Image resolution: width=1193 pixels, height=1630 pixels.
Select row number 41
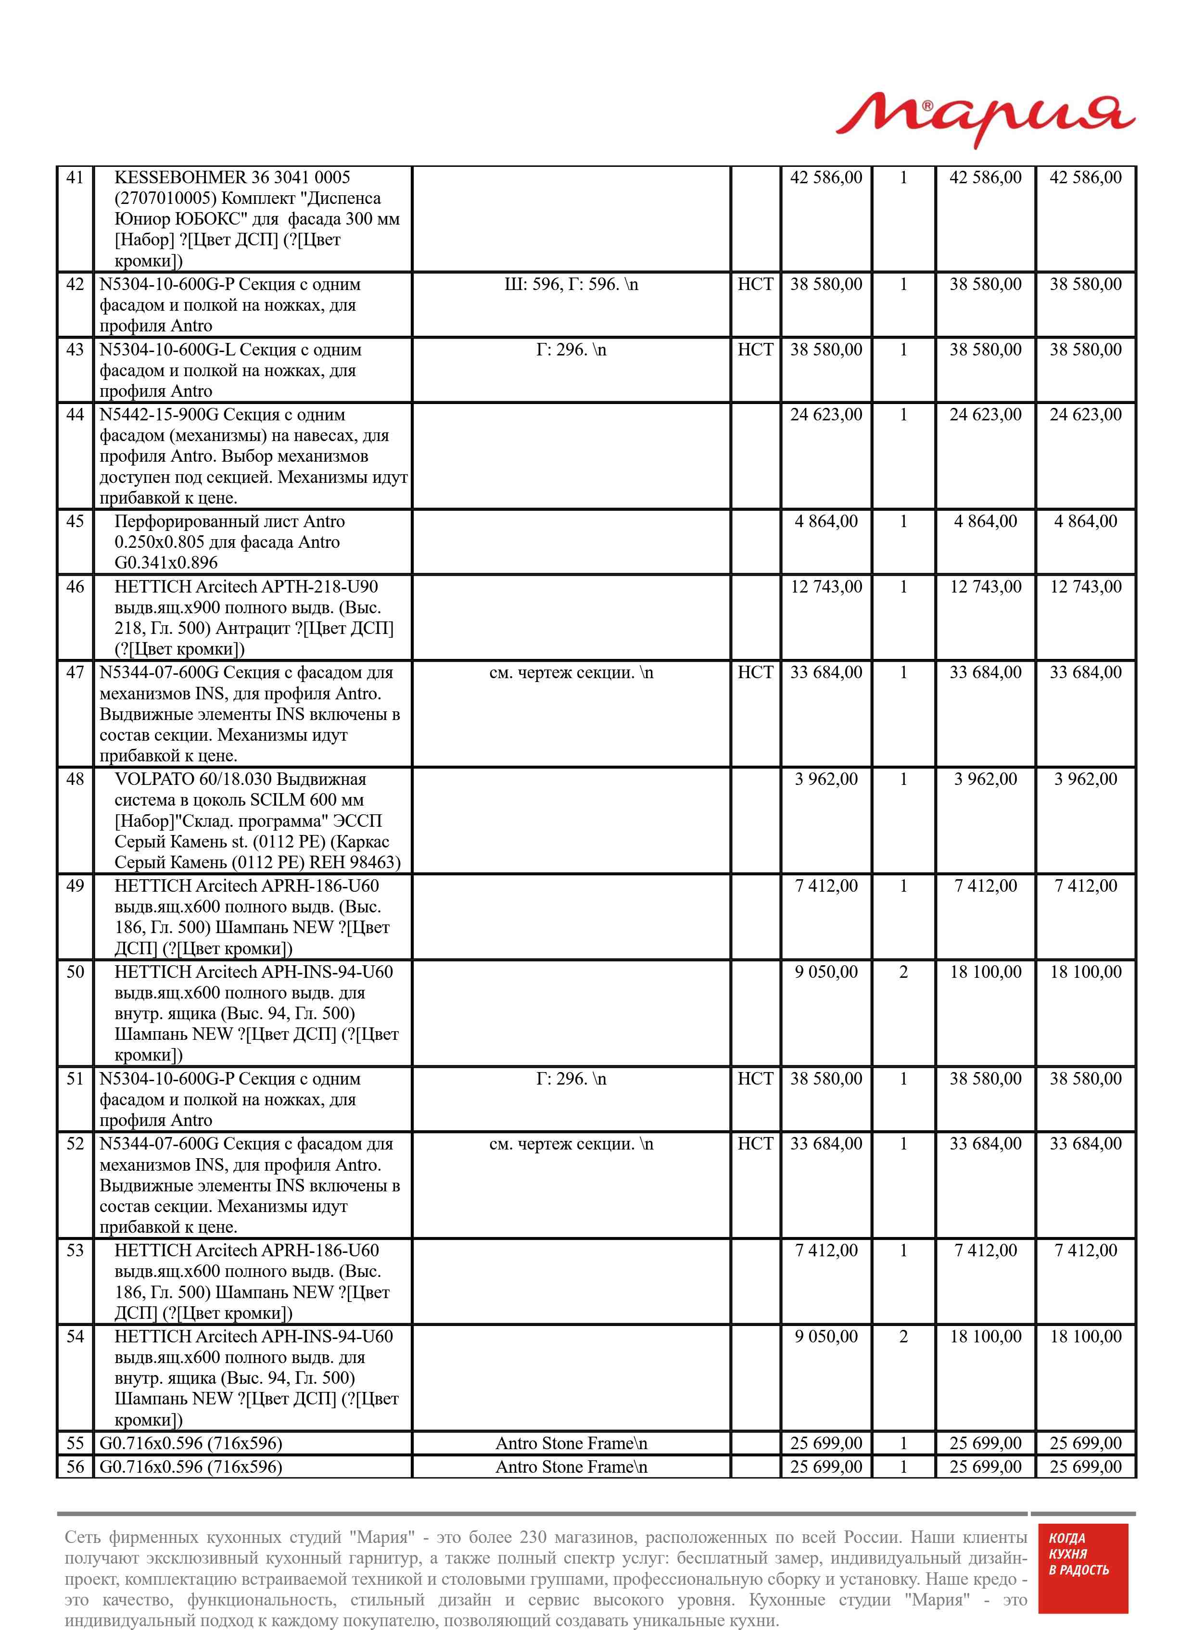[x=75, y=177]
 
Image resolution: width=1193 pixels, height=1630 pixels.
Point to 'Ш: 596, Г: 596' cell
[x=571, y=284]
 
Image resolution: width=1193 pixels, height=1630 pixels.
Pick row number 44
[x=75, y=415]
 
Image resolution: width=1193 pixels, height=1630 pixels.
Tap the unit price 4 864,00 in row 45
[x=826, y=521]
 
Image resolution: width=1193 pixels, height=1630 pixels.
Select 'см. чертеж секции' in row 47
[x=571, y=673]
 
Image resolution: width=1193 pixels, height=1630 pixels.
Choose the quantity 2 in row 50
[x=903, y=973]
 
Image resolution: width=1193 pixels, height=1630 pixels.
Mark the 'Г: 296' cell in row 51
[x=571, y=1079]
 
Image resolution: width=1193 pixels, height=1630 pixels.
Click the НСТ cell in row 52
[x=755, y=1144]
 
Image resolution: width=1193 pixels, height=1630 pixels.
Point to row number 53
[x=75, y=1251]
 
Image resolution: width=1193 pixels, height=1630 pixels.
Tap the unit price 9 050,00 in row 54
[x=826, y=1337]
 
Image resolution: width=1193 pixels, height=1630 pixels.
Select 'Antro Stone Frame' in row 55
[x=571, y=1444]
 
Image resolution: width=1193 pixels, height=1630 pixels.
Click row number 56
[x=75, y=1467]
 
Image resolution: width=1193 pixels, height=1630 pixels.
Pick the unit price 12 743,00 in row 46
[x=826, y=587]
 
